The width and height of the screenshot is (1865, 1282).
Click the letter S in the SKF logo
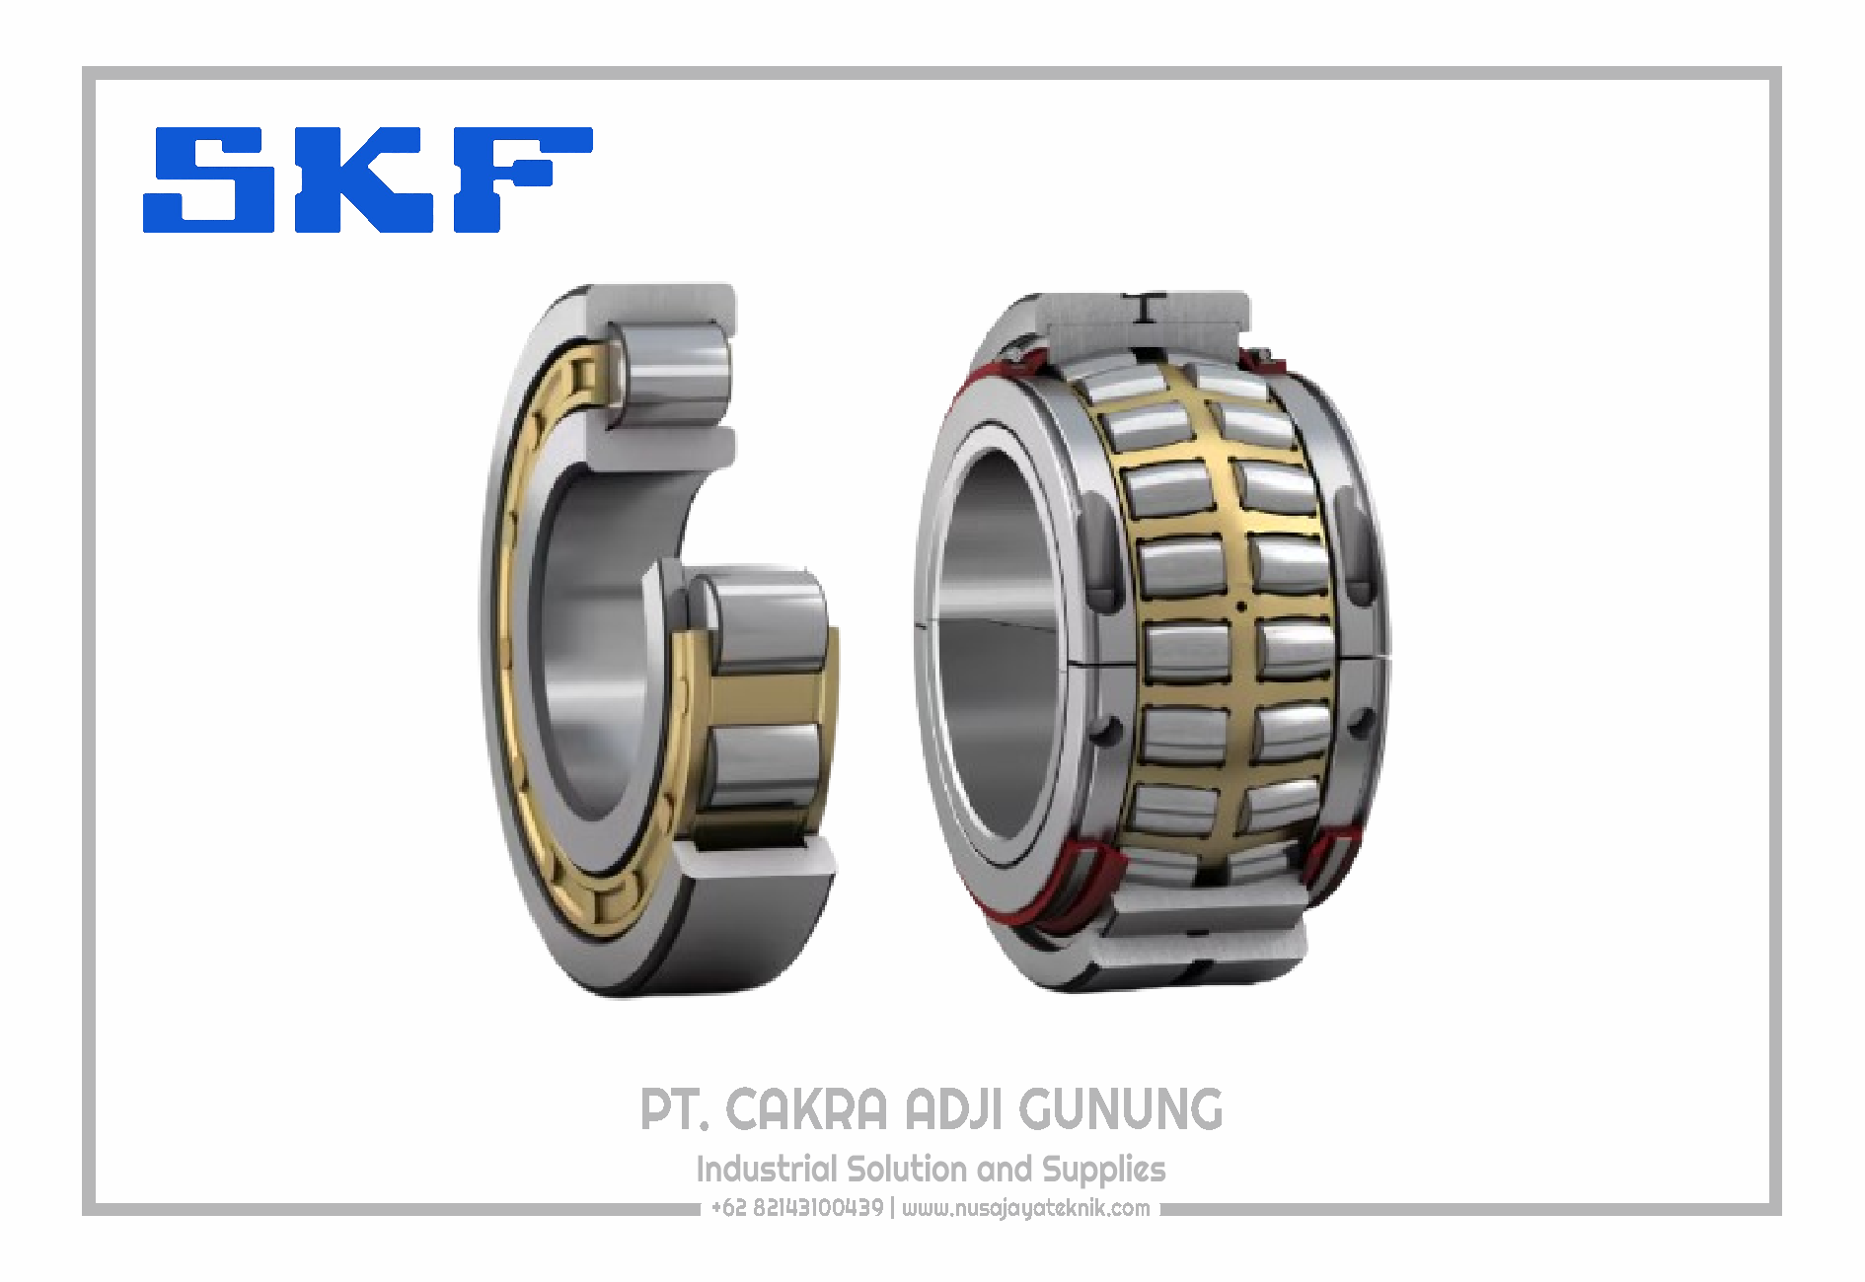[209, 180]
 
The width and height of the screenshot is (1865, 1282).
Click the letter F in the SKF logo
[522, 180]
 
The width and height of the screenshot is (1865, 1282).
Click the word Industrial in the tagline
[767, 1170]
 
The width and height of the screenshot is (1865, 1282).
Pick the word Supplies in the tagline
[1104, 1171]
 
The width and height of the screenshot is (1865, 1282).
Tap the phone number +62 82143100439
[797, 1208]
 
